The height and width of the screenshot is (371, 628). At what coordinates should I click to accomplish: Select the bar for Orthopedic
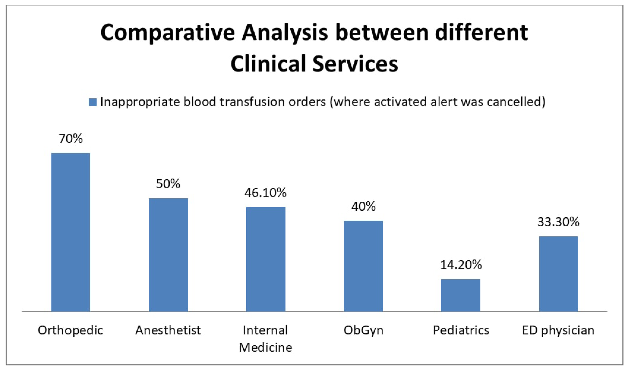(x=71, y=232)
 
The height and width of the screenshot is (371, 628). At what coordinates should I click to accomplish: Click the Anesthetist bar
(x=168, y=255)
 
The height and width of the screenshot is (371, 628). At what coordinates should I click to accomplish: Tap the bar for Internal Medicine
(x=266, y=259)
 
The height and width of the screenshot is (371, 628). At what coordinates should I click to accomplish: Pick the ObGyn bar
(x=363, y=266)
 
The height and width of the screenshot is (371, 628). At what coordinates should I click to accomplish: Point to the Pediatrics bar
(x=461, y=295)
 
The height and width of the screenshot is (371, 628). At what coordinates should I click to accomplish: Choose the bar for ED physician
(x=558, y=274)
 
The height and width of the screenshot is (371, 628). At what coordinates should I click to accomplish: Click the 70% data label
(x=71, y=139)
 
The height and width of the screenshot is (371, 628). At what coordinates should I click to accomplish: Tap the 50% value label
(x=168, y=184)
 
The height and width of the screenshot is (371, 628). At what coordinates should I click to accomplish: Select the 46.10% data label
(x=265, y=193)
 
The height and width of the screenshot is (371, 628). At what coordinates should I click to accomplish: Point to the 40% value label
(x=364, y=206)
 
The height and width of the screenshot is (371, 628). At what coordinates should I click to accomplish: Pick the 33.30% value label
(x=558, y=222)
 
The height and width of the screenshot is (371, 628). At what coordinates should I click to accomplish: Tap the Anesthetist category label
(x=168, y=330)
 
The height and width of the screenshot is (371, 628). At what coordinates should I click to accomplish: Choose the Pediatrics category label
(x=461, y=330)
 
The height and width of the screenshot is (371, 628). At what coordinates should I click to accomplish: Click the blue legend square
(x=93, y=102)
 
